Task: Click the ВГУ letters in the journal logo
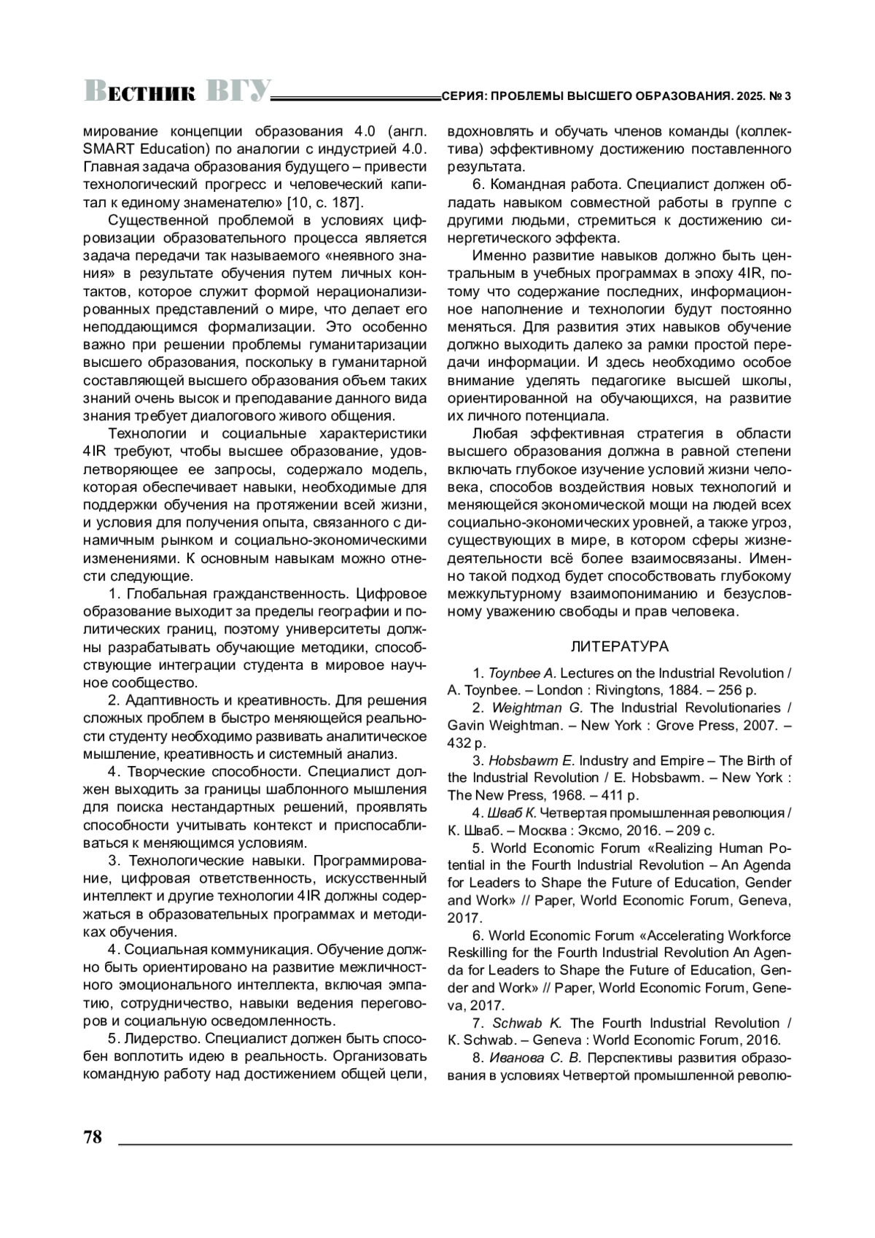238,90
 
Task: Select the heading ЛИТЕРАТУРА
619,646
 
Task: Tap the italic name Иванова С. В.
534,1058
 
